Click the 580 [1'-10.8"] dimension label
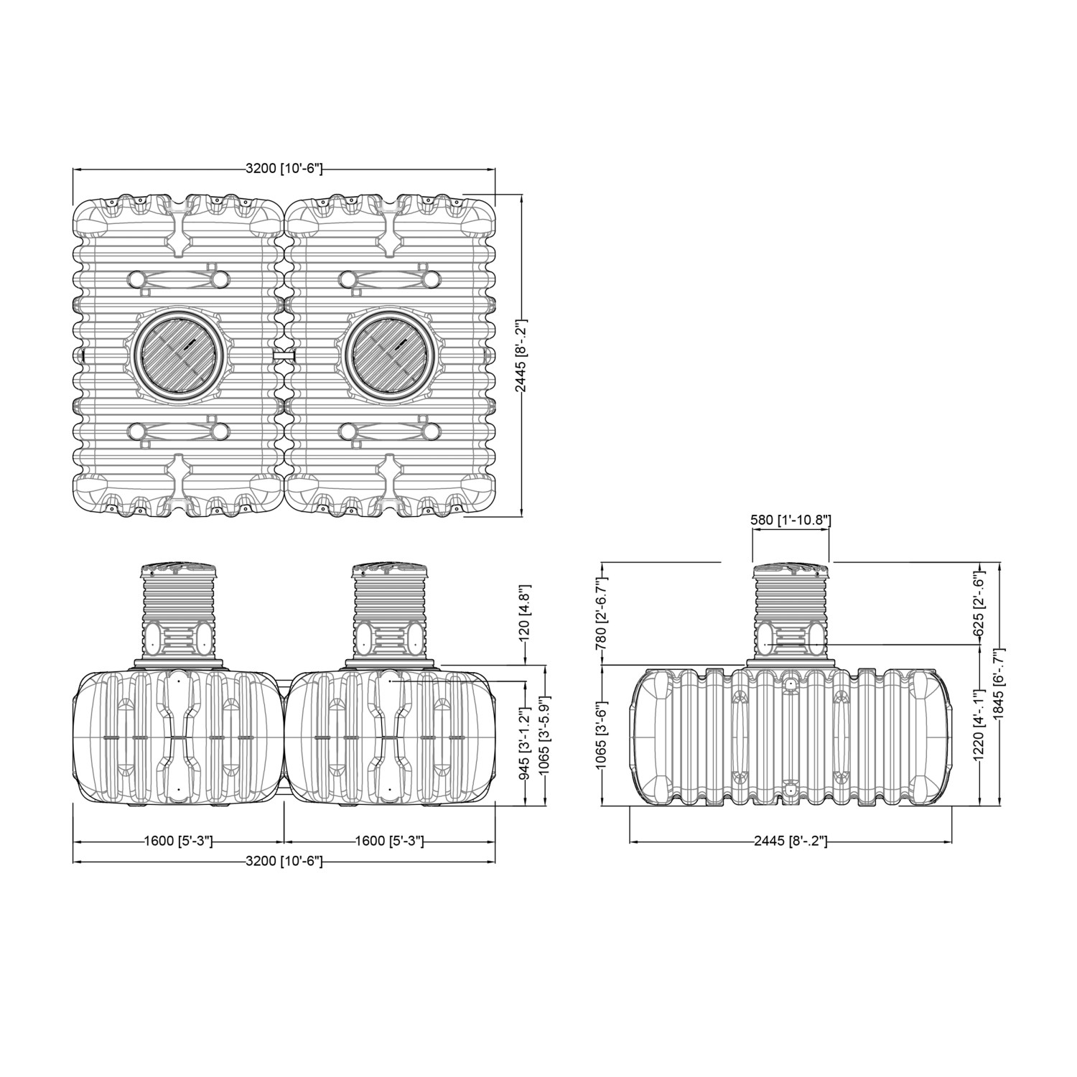tap(791, 520)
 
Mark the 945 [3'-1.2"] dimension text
tap(525, 738)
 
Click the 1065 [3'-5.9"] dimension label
tap(545, 738)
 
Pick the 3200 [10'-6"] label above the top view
tap(284, 169)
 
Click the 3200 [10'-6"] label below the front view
tap(284, 861)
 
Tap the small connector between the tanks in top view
tap(284, 355)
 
